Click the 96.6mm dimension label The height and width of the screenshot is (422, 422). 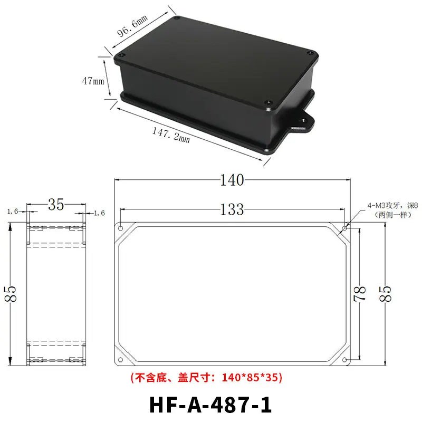tap(132, 26)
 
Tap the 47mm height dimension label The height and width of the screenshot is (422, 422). tap(93, 81)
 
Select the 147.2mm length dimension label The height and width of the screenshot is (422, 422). tap(171, 135)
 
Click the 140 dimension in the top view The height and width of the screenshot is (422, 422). tap(232, 180)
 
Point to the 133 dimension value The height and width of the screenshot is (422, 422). tap(232, 209)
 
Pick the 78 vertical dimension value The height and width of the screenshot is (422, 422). tap(360, 293)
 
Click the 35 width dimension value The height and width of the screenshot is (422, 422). tap(56, 205)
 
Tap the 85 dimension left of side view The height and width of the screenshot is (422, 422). tap(11, 293)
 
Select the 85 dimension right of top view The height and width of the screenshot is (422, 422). tap(385, 293)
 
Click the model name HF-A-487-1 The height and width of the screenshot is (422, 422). tap(210, 405)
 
